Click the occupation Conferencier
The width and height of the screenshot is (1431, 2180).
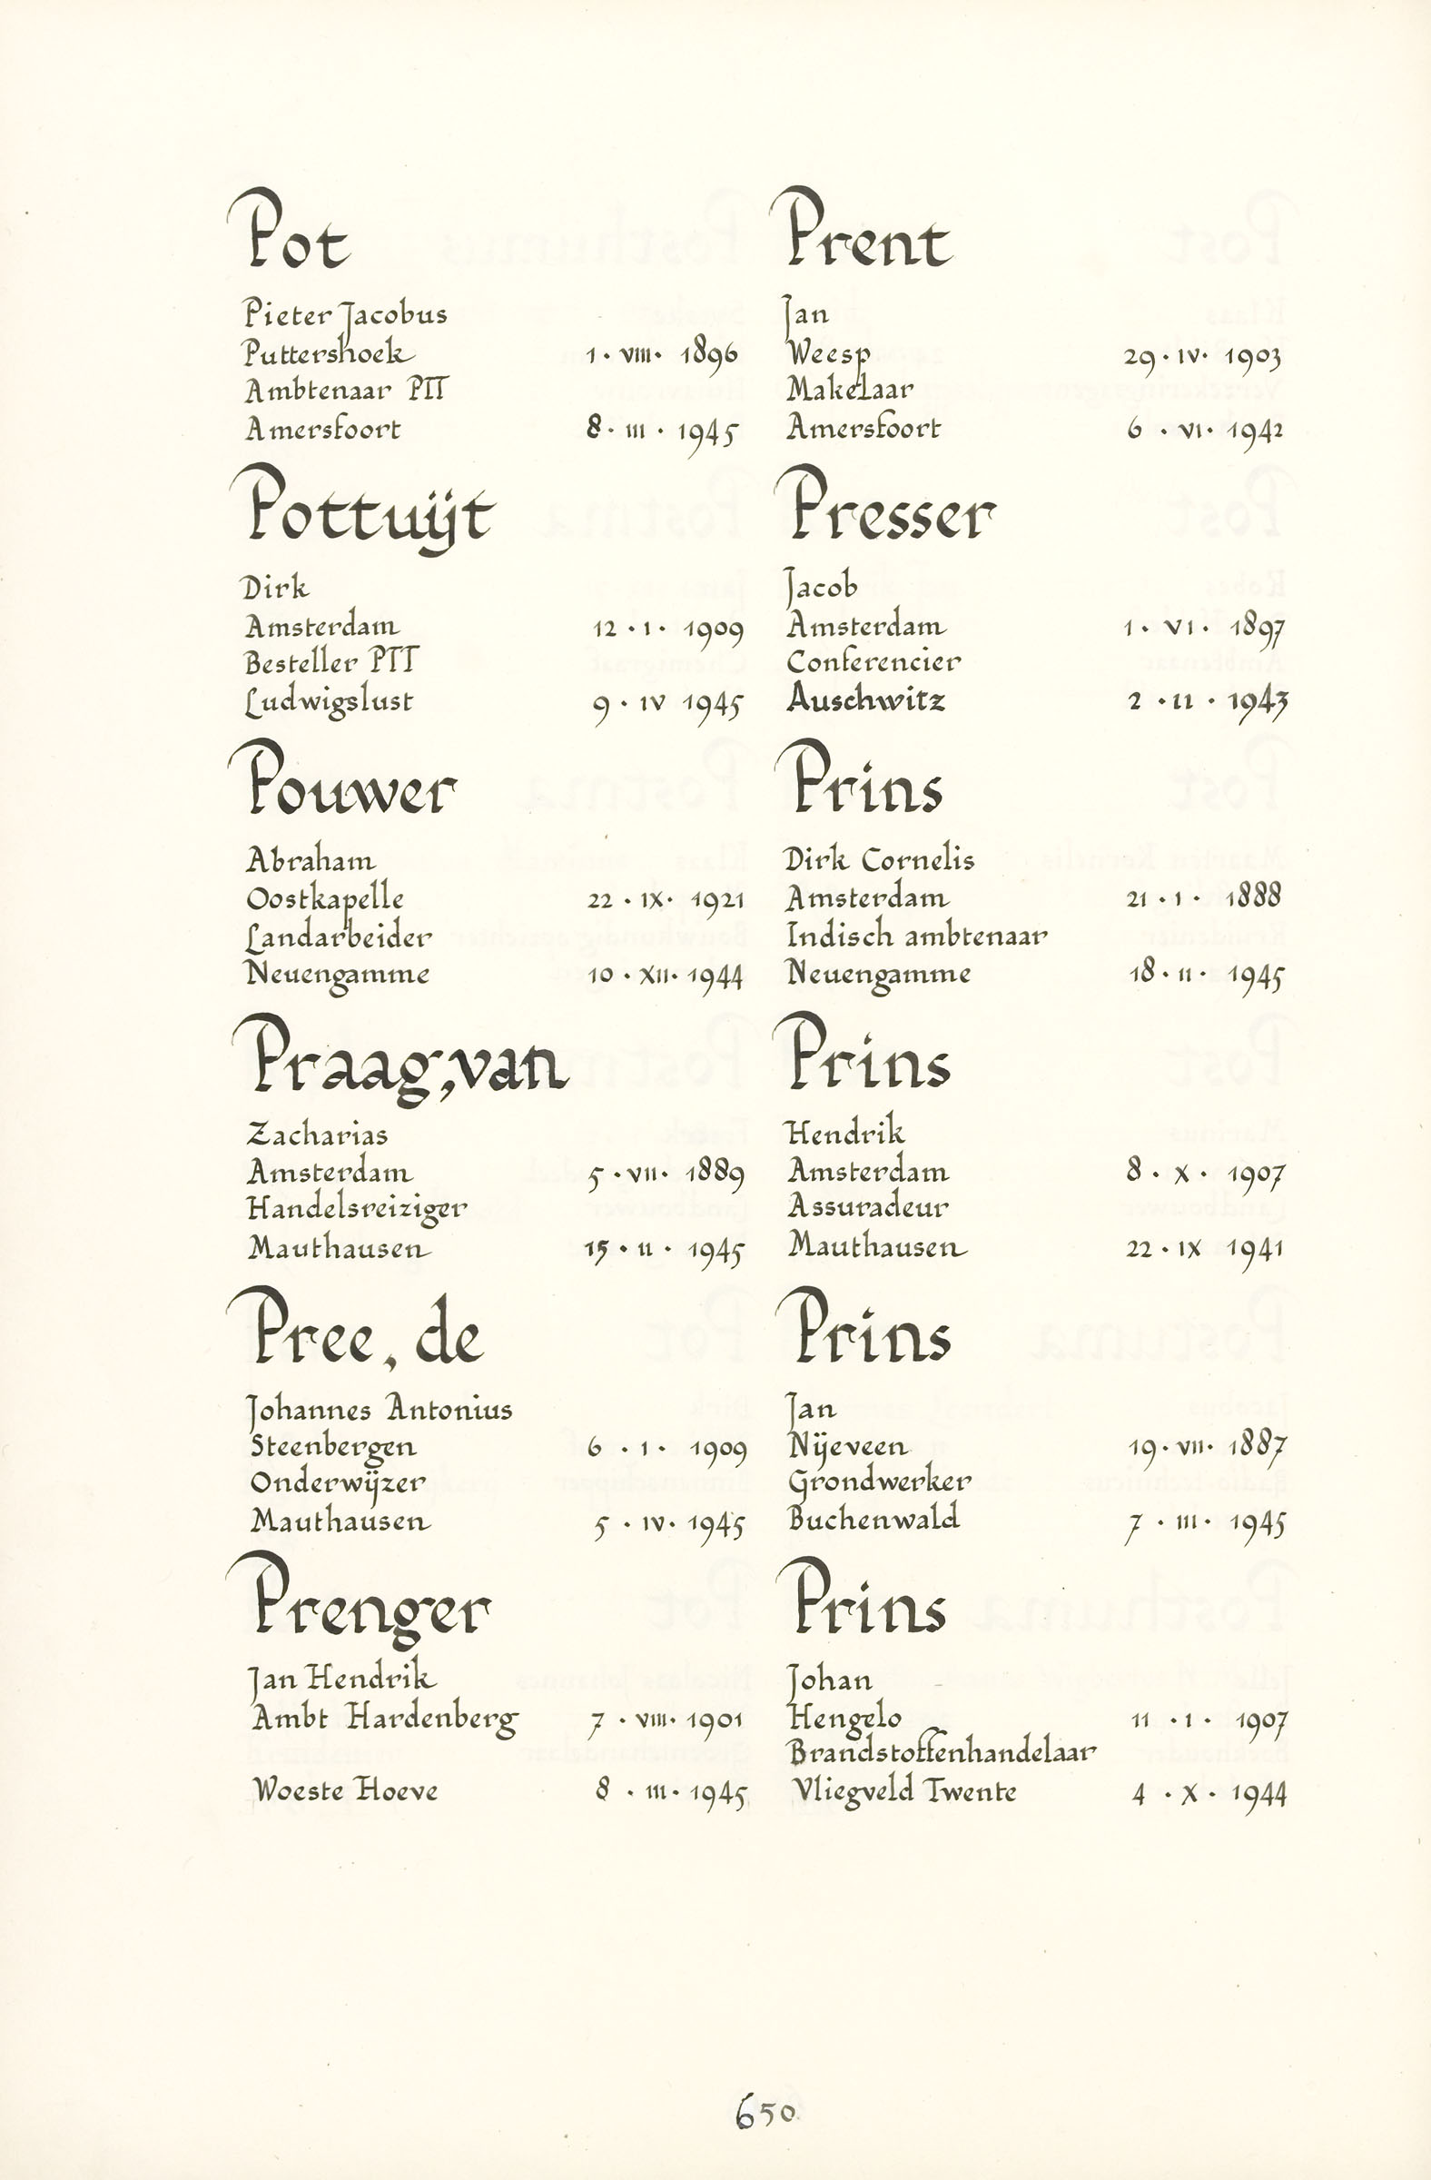pyautogui.click(x=873, y=662)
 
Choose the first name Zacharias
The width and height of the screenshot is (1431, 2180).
pyautogui.click(x=318, y=1135)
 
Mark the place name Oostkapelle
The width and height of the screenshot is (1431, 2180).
pyautogui.click(x=325, y=898)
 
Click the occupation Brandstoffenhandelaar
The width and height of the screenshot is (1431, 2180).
pyautogui.click(x=942, y=1752)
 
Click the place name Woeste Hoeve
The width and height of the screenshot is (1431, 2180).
pyautogui.click(x=345, y=1789)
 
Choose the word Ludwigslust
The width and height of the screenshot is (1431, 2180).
pyautogui.click(x=329, y=702)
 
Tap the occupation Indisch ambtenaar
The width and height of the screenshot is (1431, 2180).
pyautogui.click(x=915, y=936)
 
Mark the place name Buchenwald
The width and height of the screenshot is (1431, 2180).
pyautogui.click(x=873, y=1519)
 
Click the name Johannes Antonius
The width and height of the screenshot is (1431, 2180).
pyautogui.click(x=380, y=1409)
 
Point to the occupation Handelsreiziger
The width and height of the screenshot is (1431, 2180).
pyautogui.click(x=357, y=1209)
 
